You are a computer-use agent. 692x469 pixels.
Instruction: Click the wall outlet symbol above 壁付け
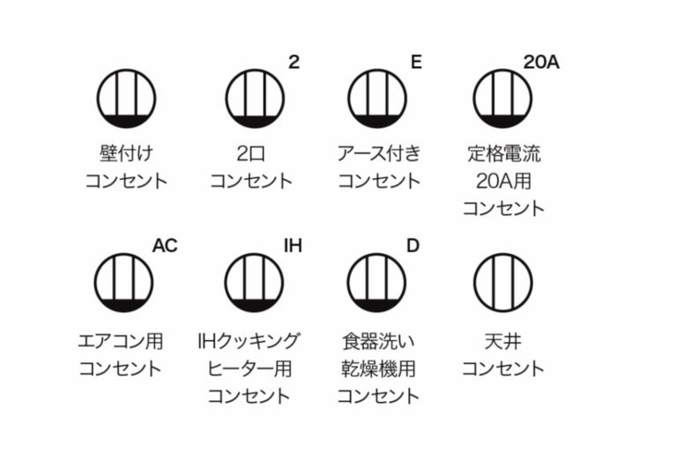tap(126, 99)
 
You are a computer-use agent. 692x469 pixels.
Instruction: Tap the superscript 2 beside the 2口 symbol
tap(294, 63)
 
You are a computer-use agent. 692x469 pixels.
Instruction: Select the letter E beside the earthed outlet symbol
tap(416, 63)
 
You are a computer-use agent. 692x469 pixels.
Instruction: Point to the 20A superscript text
tap(541, 63)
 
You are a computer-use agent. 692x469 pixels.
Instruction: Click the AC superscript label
tap(165, 246)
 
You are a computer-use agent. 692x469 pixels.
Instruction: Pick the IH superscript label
tap(293, 246)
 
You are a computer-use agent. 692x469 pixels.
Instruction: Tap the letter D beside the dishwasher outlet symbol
tap(413, 246)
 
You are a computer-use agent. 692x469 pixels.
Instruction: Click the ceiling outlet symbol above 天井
tap(503, 282)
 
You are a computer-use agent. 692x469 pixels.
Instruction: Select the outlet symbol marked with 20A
tap(502, 99)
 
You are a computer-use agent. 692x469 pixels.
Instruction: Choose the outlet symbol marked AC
tap(123, 282)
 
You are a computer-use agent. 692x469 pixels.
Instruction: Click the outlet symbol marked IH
tap(254, 282)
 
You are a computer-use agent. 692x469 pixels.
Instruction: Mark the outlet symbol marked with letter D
tap(376, 282)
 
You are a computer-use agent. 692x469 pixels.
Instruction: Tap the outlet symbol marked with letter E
tap(377, 99)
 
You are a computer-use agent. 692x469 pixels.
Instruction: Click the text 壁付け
tap(126, 153)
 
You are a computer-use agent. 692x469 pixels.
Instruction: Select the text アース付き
tap(379, 153)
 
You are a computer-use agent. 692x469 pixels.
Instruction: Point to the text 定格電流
tap(504, 153)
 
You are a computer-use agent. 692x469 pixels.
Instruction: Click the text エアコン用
tap(121, 341)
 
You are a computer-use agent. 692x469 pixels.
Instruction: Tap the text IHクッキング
tap(249, 341)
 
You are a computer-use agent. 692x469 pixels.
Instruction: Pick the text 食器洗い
tap(379, 341)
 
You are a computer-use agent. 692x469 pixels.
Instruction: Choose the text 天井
tap(503, 341)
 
